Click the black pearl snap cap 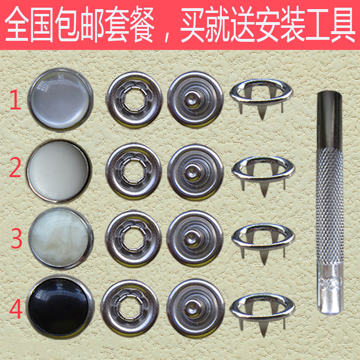pos(61,305)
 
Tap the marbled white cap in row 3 pos(60,238)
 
